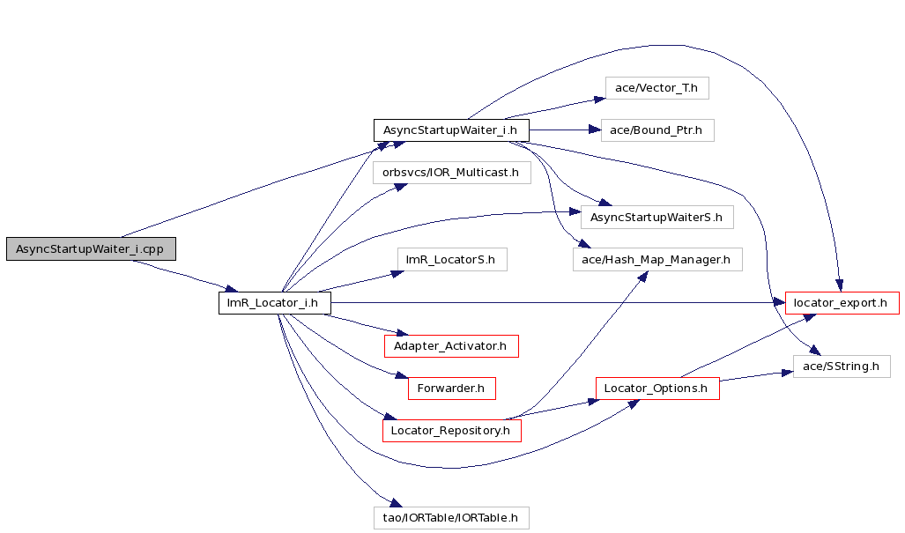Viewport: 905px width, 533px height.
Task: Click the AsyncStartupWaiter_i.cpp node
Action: tap(91, 248)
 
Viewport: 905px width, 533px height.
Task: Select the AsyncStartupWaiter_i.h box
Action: tap(451, 130)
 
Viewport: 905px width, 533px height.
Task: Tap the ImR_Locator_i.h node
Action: tap(275, 303)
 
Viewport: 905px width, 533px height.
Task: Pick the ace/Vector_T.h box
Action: tap(656, 88)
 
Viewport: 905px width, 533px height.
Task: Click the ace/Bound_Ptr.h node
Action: tap(657, 130)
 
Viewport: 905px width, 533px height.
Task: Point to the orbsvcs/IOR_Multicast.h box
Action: tap(451, 173)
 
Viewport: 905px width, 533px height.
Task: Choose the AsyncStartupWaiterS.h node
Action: tap(656, 218)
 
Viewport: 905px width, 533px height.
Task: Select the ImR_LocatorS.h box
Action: tap(452, 260)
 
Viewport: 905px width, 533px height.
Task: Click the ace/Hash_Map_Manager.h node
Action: tap(657, 260)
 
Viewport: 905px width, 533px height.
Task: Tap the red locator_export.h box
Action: tap(842, 303)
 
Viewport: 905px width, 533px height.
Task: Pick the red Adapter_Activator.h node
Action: tap(451, 346)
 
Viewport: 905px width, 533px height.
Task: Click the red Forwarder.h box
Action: tap(452, 389)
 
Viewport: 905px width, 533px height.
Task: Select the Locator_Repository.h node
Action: tap(451, 431)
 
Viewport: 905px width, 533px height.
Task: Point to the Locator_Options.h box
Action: tap(657, 389)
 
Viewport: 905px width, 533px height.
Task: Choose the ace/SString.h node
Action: tap(842, 366)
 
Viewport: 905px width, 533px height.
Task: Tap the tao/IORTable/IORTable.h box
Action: tap(451, 517)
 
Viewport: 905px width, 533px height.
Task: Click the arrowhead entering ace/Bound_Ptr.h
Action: tap(595, 130)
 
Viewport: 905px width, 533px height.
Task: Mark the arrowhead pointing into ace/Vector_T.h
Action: tap(600, 100)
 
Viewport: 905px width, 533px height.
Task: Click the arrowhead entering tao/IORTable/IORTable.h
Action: tap(396, 503)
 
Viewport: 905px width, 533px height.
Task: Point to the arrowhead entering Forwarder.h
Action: tap(402, 376)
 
